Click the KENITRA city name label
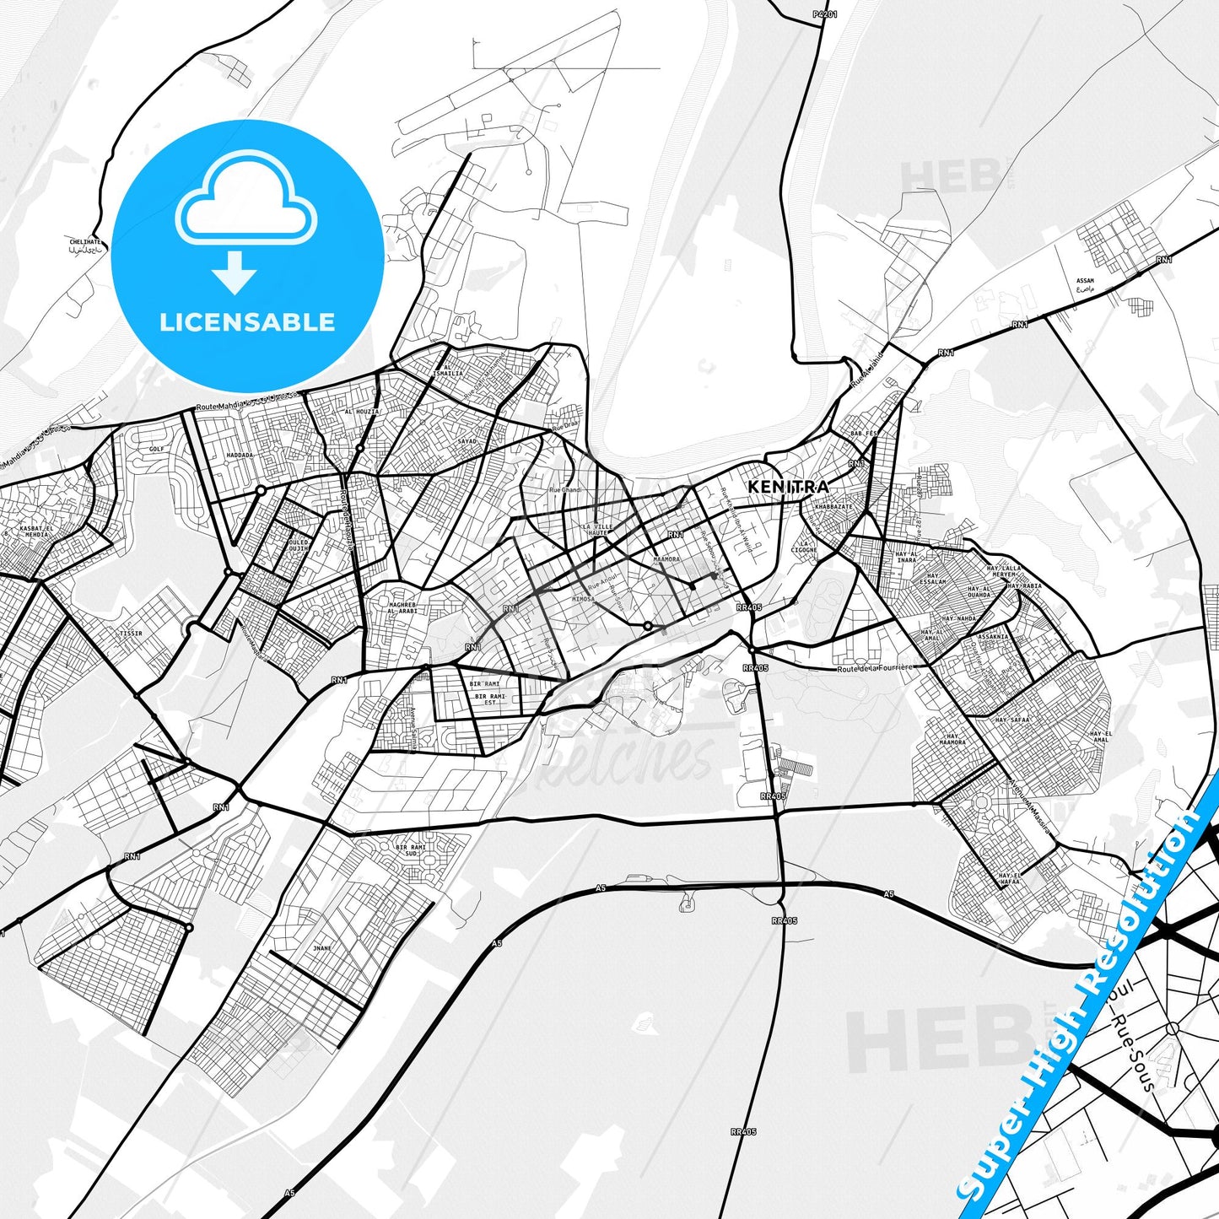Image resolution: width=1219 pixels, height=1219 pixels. pos(788,487)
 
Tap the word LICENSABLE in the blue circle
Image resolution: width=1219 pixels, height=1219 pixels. pos(247,321)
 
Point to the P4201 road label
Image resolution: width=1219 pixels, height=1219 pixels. pos(825,14)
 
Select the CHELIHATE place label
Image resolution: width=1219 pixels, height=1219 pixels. pos(85,242)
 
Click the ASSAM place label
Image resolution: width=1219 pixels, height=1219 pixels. pos(1085,281)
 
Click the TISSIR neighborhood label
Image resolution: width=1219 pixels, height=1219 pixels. pos(131,633)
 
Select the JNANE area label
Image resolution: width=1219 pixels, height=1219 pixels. pos(322,948)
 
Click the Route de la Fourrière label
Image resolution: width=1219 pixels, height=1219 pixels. pos(874,667)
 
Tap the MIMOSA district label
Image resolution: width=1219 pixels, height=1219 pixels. pos(583,599)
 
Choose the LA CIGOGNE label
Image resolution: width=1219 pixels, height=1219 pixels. pos(805,547)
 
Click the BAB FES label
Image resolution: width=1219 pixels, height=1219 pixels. pos(864,433)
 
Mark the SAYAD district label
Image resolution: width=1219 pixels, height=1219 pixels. pos(467,441)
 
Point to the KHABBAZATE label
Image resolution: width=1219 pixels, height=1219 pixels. pos(834,507)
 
